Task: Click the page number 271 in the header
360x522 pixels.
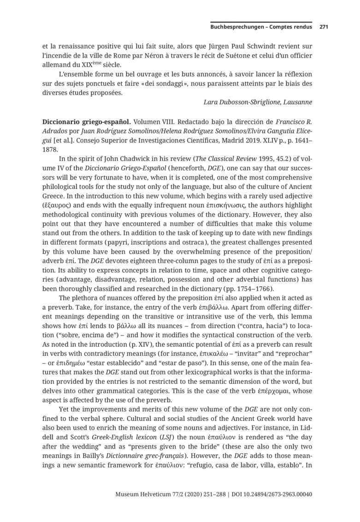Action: point(323,27)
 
